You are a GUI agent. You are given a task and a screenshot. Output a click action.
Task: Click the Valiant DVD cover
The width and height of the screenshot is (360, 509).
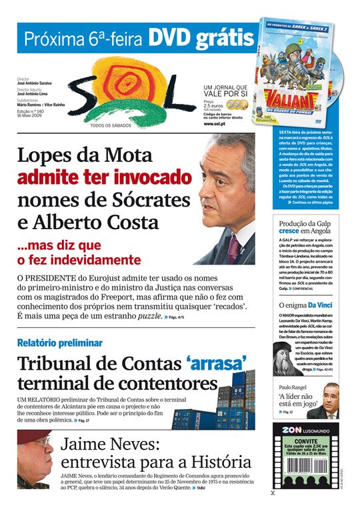point(297,73)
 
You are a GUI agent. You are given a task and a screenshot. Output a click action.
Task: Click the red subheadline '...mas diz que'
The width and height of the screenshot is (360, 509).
point(60,245)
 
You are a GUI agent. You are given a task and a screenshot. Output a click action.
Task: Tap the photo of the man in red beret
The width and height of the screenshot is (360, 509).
point(35,459)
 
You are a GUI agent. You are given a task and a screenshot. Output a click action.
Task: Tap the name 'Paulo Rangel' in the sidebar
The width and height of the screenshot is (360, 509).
point(294,387)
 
